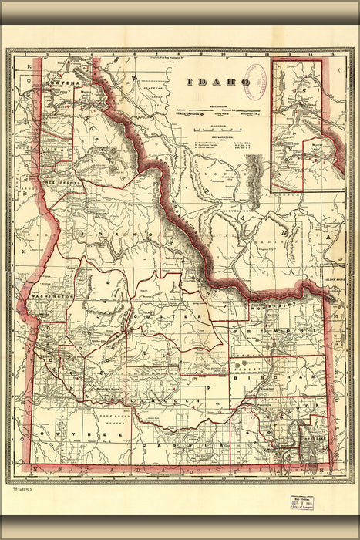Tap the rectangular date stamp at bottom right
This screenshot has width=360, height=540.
pos(305,501)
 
